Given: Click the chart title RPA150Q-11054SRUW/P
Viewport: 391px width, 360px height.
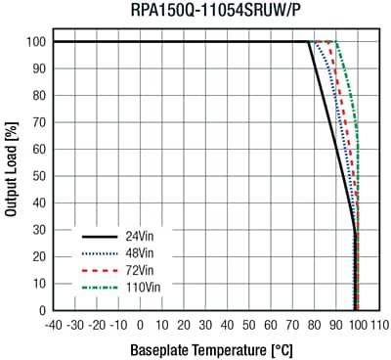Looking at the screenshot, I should (x=214, y=11).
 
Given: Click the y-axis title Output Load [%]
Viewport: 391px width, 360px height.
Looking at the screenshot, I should (x=11, y=176).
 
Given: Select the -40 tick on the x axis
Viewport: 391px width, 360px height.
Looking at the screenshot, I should (x=54, y=324).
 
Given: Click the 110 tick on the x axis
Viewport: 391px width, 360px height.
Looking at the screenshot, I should (x=379, y=324).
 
